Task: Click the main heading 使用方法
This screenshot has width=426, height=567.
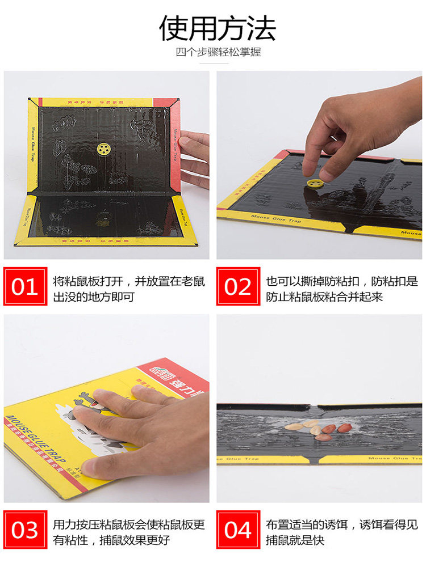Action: point(218,28)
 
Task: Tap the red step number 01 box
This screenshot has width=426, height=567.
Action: point(25,287)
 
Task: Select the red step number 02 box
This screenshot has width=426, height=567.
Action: point(238,287)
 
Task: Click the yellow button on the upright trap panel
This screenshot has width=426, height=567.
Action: point(103,149)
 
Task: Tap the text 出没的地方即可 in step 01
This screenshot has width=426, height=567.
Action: point(94,297)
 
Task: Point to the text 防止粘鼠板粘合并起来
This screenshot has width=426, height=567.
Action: point(324,297)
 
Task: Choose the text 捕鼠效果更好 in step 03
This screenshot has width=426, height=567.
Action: point(136,540)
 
